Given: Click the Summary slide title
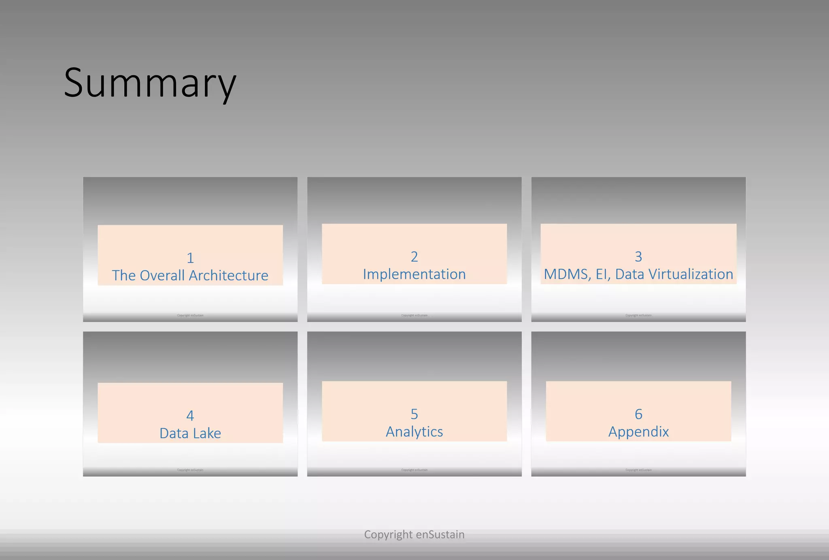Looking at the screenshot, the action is pyautogui.click(x=150, y=83).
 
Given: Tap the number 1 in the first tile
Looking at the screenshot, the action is pyautogui.click(x=190, y=258).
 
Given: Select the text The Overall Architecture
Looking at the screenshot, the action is pyautogui.click(x=190, y=276).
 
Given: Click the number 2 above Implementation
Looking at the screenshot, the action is pyautogui.click(x=414, y=256).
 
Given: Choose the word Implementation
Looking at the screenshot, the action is pyautogui.click(x=414, y=274).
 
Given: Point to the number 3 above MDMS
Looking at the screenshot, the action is pyautogui.click(x=638, y=256).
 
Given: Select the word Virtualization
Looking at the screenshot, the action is pyautogui.click(x=691, y=274).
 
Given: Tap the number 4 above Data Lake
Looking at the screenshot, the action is pyautogui.click(x=190, y=415).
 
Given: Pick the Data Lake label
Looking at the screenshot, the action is pyautogui.click(x=190, y=433).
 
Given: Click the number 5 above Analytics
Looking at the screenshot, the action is pyautogui.click(x=414, y=414).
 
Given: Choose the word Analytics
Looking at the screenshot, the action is pyautogui.click(x=414, y=432).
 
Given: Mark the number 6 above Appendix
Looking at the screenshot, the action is pyautogui.click(x=638, y=414).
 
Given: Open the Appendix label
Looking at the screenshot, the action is pyautogui.click(x=638, y=432).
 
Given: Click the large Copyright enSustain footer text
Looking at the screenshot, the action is pyautogui.click(x=414, y=534).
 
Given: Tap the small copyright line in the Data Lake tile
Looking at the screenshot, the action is pyautogui.click(x=190, y=470).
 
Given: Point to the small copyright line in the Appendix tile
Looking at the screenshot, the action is pyautogui.click(x=638, y=470).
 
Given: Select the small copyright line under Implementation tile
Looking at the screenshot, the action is pyautogui.click(x=414, y=315).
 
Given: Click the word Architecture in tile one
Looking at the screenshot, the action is pyautogui.click(x=229, y=276).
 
